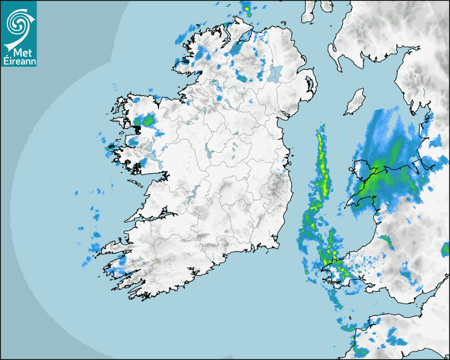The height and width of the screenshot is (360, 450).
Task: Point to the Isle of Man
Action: tap(355, 102)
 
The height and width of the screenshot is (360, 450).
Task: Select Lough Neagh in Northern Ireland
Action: tap(275, 73)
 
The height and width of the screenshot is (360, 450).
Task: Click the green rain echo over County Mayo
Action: tap(148, 121)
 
